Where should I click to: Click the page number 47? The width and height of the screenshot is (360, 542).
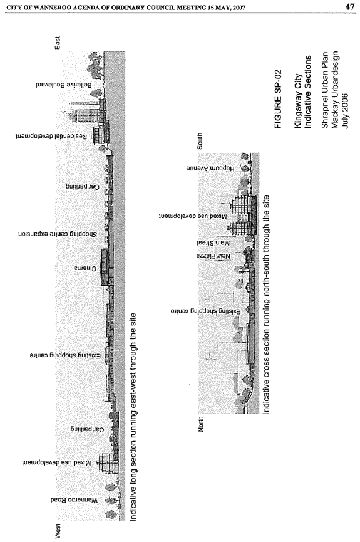click(349, 7)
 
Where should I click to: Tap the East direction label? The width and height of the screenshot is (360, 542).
click(58, 43)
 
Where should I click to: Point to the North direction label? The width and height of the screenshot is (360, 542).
click(201, 424)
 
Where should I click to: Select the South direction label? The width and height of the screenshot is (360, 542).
click(200, 141)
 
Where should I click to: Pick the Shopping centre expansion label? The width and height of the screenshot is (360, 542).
click(58, 234)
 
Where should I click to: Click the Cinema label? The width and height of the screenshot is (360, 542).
click(85, 268)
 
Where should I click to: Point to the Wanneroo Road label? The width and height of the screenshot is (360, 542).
click(75, 500)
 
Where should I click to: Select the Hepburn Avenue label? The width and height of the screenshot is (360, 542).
click(211, 169)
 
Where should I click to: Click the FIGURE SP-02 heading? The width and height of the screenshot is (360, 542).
click(278, 99)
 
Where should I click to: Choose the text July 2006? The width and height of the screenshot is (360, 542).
click(344, 111)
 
